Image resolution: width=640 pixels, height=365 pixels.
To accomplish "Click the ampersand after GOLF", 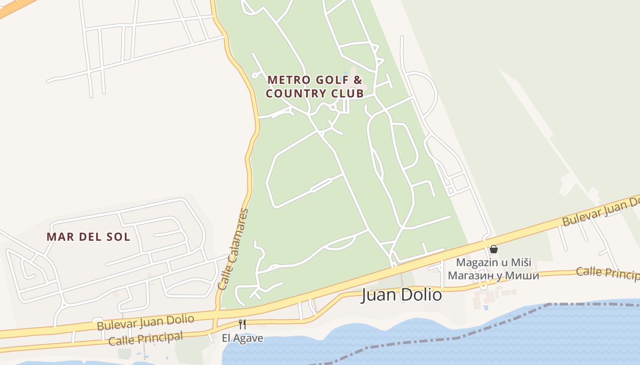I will pyautogui.click(x=358, y=80).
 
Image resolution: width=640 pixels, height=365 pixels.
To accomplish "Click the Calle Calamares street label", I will pyautogui.click(x=233, y=250).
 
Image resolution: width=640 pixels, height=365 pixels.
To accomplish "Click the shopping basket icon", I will pyautogui.click(x=494, y=249).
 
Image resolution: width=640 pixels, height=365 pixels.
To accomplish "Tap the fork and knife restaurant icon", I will pyautogui.click(x=242, y=324).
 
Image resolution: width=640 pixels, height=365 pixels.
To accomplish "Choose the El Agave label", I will pyautogui.click(x=242, y=338).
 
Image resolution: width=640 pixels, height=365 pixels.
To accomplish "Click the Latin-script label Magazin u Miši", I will pyautogui.click(x=494, y=263).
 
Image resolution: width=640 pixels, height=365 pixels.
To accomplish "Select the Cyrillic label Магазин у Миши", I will pyautogui.click(x=494, y=276).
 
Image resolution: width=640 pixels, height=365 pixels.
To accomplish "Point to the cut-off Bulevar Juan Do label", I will pyautogui.click(x=601, y=211).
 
